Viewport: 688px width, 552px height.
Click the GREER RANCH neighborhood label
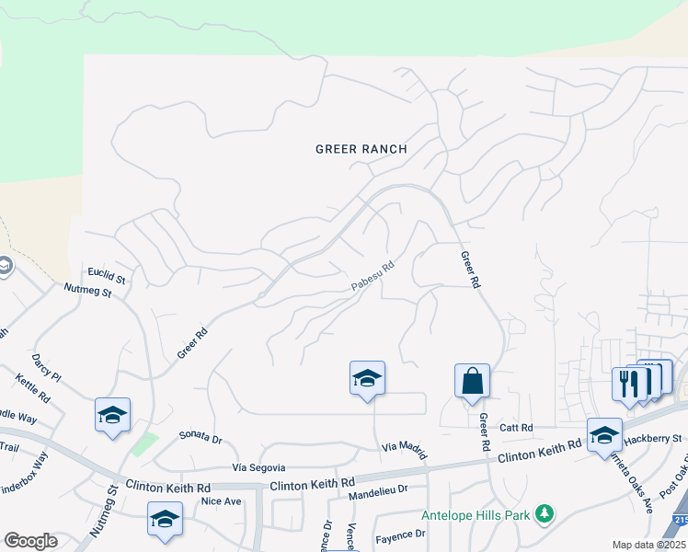pos(361,148)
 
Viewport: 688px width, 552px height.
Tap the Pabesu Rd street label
pos(373,276)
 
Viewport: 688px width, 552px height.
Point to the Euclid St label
pos(107,273)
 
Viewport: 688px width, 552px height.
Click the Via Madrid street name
pos(405,448)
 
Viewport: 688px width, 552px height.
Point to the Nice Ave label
pos(221,501)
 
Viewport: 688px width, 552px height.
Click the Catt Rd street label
pos(517,428)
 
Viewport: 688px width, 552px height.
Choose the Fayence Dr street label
pos(399,534)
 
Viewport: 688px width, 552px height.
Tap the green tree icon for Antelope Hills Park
pos(545,512)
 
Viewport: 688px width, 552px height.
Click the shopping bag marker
pos(472,382)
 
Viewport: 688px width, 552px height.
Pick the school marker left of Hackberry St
pos(604,434)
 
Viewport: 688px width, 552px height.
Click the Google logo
pos(30,541)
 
